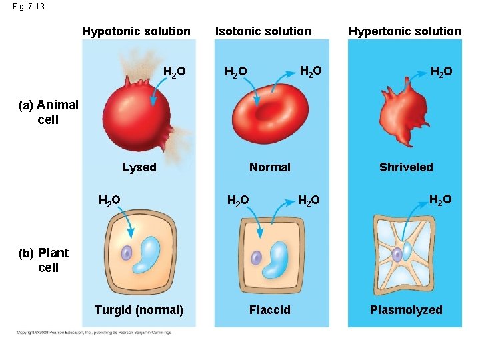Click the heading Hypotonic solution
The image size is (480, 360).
click(136, 31)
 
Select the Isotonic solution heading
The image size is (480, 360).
click(263, 31)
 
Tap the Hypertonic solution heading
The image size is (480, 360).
click(405, 31)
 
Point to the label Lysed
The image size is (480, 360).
click(139, 167)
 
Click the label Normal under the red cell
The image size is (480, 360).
click(269, 167)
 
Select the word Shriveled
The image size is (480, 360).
click(406, 167)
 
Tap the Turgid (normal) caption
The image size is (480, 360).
click(139, 310)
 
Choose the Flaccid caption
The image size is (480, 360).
click(269, 310)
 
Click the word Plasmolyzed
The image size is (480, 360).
click(406, 310)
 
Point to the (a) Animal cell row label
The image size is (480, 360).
click(49, 112)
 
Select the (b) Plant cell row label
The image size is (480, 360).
click(49, 260)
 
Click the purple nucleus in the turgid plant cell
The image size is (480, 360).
click(127, 253)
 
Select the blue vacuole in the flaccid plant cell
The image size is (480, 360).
click(275, 259)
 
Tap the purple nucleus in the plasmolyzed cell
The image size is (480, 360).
click(397, 254)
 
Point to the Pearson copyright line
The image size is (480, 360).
click(93, 332)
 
